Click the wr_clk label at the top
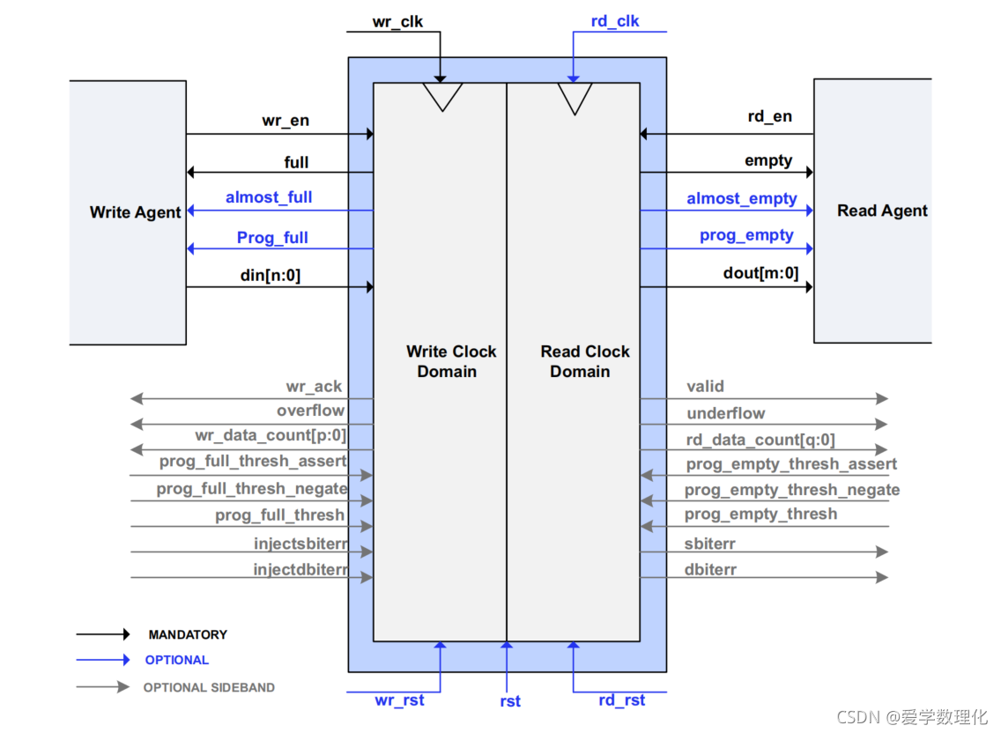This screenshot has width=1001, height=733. (x=397, y=21)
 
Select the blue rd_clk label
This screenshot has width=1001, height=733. (x=615, y=21)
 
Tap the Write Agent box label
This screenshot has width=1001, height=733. (x=135, y=212)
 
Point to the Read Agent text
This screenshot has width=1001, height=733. (x=882, y=211)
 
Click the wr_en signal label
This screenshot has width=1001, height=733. (x=285, y=121)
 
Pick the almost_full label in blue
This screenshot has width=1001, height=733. (x=269, y=197)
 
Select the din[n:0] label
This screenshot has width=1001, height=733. (x=271, y=275)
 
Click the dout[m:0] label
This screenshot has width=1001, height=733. (x=760, y=273)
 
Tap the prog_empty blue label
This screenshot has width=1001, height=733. (x=746, y=235)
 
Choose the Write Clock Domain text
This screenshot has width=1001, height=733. (x=451, y=361)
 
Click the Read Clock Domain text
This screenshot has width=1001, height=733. (x=585, y=361)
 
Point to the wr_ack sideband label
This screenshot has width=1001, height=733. (x=314, y=386)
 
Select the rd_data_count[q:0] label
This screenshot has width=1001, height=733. (x=760, y=440)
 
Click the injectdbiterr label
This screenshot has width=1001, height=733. (x=300, y=570)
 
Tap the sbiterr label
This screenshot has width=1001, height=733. (x=711, y=544)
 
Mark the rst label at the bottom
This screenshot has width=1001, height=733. (x=509, y=701)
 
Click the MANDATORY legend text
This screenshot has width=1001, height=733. (x=188, y=634)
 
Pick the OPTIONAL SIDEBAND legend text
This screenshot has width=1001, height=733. (x=209, y=687)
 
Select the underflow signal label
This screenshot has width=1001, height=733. (x=726, y=413)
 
